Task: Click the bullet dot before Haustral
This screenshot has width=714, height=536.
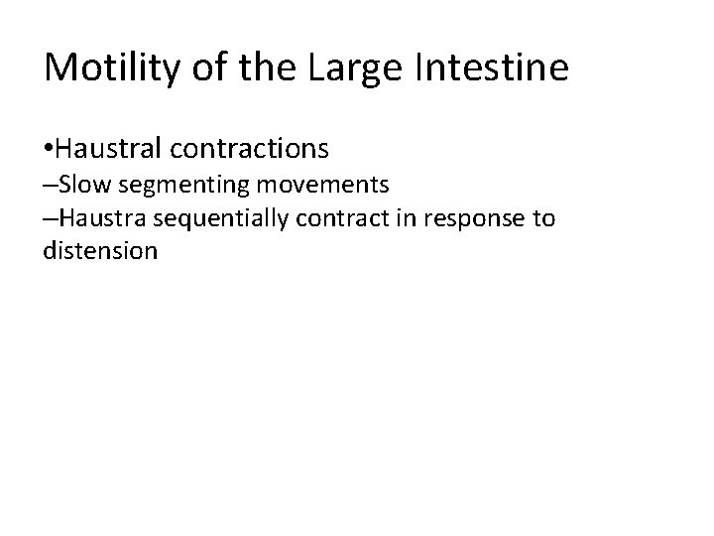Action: click(x=49, y=150)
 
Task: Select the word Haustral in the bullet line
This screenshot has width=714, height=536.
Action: click(x=109, y=149)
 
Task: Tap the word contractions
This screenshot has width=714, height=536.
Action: click(x=249, y=149)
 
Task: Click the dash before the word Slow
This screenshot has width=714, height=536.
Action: click(x=51, y=186)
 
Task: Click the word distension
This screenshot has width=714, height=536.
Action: click(x=100, y=250)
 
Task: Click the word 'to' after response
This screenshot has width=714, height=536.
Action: click(x=543, y=217)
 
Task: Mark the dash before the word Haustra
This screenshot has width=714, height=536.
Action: click(x=51, y=218)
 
